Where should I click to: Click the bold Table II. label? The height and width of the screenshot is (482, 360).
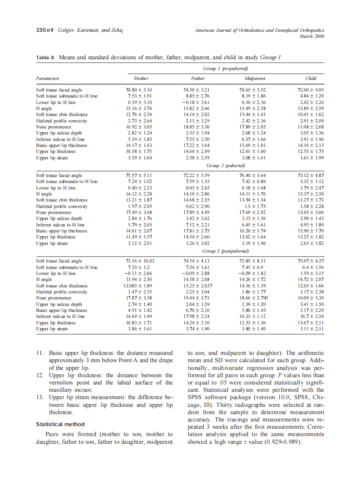46,57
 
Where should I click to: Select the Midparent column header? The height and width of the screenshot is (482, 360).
255,78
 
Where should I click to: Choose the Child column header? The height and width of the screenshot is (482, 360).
311,78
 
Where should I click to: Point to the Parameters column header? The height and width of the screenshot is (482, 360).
48,78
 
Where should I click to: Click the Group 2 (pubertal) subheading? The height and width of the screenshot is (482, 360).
226,165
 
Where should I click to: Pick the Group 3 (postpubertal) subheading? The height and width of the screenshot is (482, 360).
226,251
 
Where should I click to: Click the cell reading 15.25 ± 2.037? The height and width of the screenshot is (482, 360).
197,286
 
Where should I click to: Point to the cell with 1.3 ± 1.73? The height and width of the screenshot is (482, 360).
255,206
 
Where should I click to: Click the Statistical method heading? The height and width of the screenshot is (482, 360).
60,424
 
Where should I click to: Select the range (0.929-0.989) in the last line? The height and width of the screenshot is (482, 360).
279,442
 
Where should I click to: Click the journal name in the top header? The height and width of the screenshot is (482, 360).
259,31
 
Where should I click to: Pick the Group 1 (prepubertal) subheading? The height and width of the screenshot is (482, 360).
226,69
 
